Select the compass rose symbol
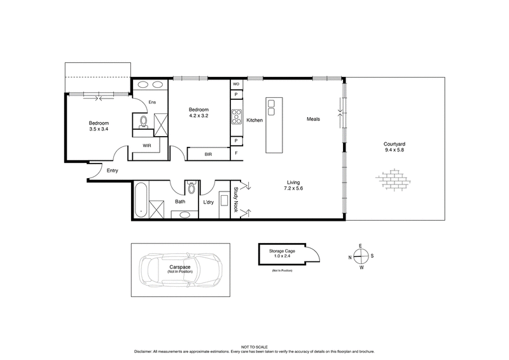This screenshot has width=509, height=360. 360,257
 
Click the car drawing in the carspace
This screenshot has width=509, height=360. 181,269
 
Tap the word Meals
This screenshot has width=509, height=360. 313,119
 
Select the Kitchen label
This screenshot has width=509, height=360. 254,120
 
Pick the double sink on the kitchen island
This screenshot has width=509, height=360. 272,108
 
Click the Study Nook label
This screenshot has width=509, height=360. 236,197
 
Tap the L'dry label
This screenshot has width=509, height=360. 208,202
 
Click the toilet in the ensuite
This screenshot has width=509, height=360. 144,121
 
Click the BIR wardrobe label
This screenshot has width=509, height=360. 208,154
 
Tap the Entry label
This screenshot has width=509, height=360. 113,170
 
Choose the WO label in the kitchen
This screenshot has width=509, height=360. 235,84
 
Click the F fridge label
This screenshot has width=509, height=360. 235,153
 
